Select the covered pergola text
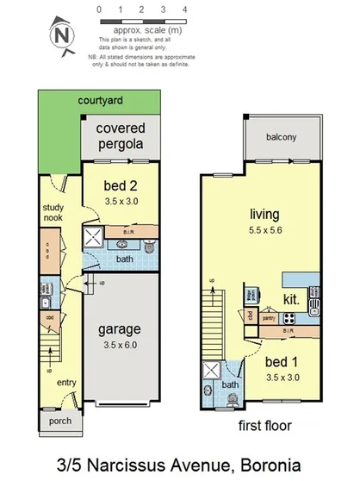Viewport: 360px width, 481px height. pyautogui.click(x=121, y=136)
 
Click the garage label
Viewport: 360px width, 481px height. pyautogui.click(x=120, y=329)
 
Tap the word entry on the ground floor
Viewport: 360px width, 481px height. pyautogui.click(x=67, y=382)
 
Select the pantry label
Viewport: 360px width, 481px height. pyautogui.click(x=267, y=318)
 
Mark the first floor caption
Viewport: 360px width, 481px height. pyautogui.click(x=264, y=425)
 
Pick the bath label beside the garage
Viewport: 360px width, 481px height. pyautogui.click(x=125, y=259)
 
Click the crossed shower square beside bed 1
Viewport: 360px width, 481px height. pyautogui.click(x=210, y=372)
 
